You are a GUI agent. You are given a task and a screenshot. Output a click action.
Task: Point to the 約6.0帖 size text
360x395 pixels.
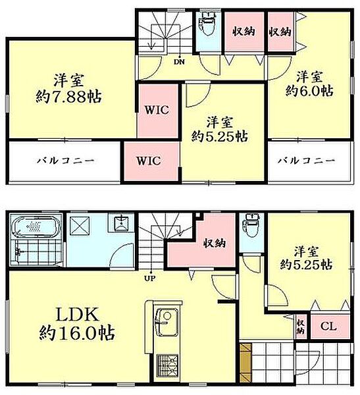[x=307, y=91]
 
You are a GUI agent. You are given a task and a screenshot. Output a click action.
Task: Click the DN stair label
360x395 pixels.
[x=178, y=62]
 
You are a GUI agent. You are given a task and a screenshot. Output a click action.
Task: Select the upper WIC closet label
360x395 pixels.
[x=159, y=109]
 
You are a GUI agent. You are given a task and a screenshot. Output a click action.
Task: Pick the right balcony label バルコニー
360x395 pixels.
[x=305, y=161]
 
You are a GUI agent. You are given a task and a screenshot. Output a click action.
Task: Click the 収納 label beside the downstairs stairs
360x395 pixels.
[x=214, y=242]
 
